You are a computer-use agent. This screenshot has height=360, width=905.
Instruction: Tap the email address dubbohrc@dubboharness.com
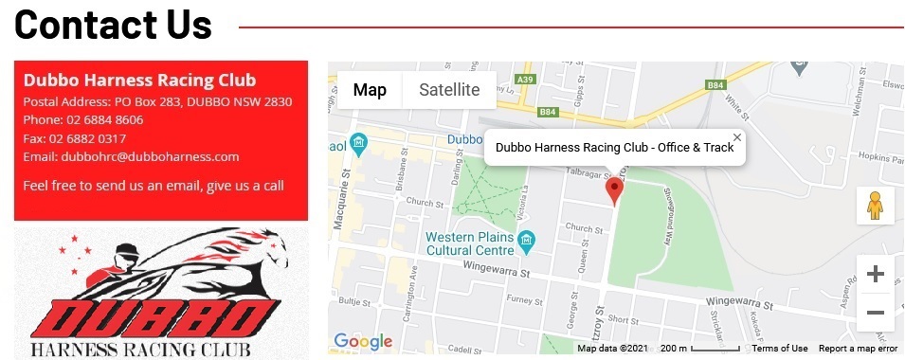150,156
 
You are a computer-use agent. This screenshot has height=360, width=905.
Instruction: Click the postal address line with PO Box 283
157,102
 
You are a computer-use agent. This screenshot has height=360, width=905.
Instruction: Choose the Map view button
370,91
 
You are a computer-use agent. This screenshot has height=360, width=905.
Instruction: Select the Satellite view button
449,91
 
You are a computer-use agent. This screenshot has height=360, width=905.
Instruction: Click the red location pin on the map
614,189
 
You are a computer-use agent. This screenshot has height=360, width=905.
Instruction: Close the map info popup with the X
737,138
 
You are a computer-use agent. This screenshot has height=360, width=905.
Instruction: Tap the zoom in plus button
876,275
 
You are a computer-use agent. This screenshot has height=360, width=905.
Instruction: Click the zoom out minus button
876,313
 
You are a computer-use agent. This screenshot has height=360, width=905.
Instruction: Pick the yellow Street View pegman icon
875,205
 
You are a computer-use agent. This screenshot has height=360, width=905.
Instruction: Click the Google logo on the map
362,342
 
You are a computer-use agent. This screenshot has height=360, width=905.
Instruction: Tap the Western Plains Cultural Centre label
471,243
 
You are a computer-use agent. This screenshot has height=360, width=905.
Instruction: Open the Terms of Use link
780,349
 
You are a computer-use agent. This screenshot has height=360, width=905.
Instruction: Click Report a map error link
858,349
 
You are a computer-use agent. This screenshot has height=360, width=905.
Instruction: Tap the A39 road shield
527,80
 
